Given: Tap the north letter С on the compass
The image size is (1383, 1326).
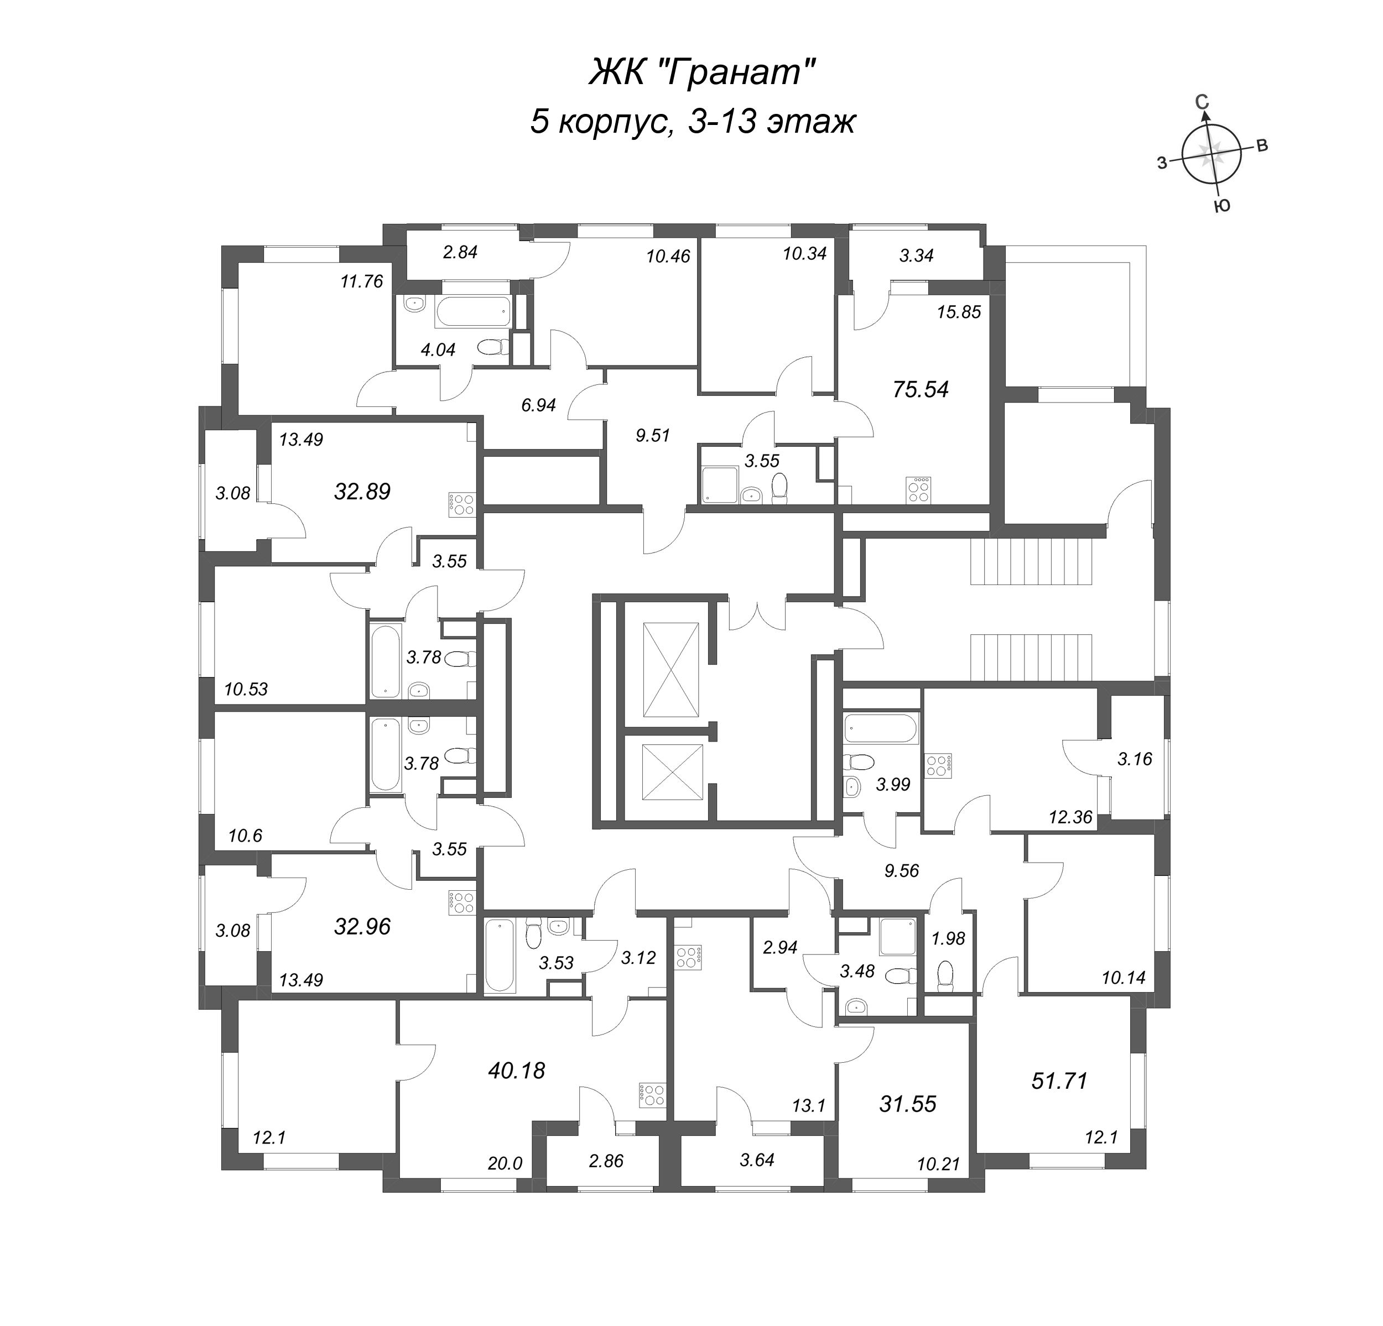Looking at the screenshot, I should click(1202, 103).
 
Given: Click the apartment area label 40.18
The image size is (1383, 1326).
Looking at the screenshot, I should click(517, 1071).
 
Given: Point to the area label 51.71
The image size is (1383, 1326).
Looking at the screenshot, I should click(1059, 1080).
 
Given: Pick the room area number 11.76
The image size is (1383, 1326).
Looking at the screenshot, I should click(361, 281).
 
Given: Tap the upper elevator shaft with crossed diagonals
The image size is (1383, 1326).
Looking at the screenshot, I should click(670, 669).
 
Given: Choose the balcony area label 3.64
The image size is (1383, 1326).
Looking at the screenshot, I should click(756, 1160).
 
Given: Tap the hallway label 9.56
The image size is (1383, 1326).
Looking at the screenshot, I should click(901, 870).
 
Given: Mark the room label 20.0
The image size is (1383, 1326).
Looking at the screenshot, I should click(505, 1163).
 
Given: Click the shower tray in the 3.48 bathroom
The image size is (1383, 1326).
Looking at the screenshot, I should click(897, 936).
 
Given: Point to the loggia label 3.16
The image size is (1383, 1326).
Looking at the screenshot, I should click(1135, 759).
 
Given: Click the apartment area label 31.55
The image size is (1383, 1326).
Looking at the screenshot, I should click(907, 1103).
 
